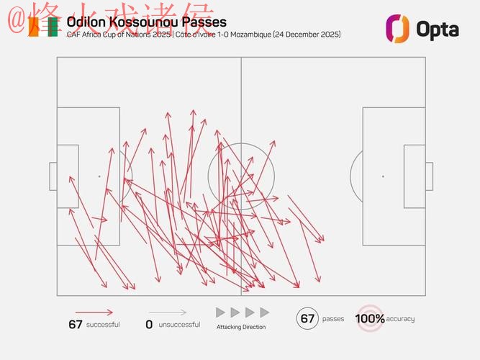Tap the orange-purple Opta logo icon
(397, 28)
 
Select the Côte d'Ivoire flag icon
(45, 28)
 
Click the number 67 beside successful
(76, 325)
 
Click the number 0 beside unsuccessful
(149, 325)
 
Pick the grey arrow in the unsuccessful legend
(169, 312)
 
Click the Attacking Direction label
(241, 327)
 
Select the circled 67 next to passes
(308, 318)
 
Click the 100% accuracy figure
(370, 318)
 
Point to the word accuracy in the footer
(400, 319)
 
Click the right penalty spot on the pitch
(383, 176)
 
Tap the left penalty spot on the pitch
(99, 176)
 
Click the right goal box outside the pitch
(429, 176)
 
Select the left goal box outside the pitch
(53, 176)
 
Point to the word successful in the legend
(103, 325)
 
